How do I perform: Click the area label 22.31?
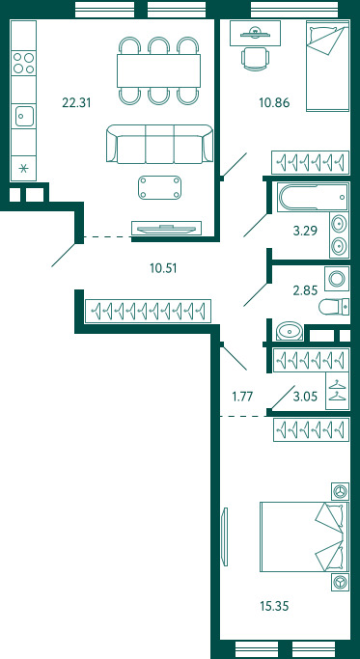point(76,102)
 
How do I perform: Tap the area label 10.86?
point(274,102)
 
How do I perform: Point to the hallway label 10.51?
point(163,267)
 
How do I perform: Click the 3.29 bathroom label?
point(305,231)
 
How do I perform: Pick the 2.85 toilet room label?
point(305,289)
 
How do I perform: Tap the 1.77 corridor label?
point(242,396)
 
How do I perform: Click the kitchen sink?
point(24,117)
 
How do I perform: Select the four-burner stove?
point(23,63)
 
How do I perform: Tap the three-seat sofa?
point(159,144)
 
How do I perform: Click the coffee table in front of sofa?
point(159,187)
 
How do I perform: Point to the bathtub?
point(313,196)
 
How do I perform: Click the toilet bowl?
point(334,307)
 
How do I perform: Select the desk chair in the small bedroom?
point(255,59)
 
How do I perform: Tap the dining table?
point(158,70)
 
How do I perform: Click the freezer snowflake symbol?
point(23,169)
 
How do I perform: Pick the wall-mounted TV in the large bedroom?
point(225,536)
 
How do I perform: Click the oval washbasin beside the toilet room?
point(290,331)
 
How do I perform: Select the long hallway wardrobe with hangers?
point(148,312)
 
